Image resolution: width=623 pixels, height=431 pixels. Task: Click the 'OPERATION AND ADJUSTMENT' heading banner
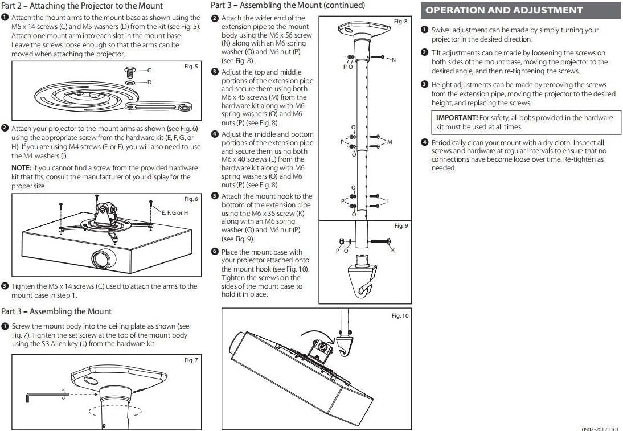(504, 10)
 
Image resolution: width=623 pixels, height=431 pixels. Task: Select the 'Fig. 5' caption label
(191, 67)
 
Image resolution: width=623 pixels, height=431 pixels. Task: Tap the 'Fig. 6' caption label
(191, 199)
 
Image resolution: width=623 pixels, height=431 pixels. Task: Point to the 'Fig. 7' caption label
(191, 360)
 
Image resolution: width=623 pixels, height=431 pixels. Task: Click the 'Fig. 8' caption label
(401, 22)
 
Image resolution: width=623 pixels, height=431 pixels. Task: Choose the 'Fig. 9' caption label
(401, 226)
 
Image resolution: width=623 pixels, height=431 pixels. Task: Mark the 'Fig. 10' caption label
(400, 316)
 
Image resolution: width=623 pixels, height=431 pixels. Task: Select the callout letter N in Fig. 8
(394, 60)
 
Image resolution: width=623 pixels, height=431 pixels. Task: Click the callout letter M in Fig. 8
(390, 142)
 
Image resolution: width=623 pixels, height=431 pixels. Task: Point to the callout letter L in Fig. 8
(389, 201)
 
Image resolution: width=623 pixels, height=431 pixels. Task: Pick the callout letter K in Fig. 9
(392, 251)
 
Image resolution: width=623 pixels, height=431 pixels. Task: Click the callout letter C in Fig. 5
(149, 70)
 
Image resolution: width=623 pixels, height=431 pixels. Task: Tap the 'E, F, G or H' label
(175, 213)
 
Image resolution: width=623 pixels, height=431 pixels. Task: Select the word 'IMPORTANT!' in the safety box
(457, 118)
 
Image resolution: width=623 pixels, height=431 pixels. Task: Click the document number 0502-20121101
(601, 427)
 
